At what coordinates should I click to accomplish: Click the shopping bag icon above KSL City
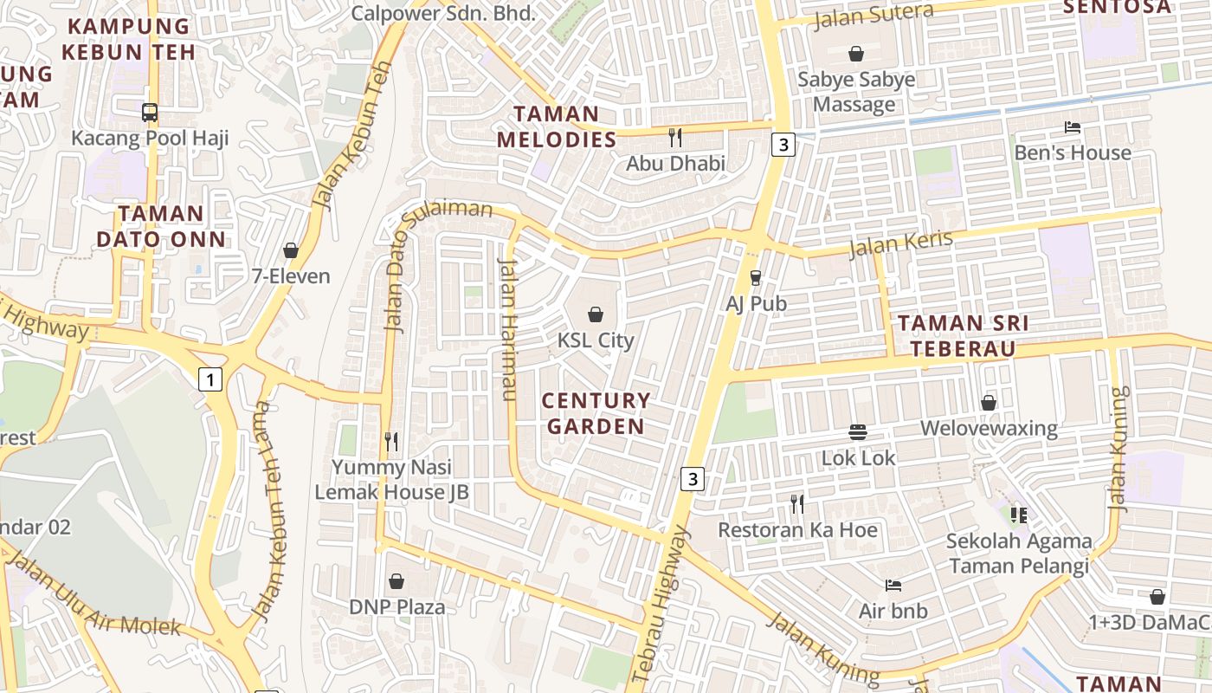pos(596,314)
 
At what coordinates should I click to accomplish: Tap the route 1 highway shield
pos(210,379)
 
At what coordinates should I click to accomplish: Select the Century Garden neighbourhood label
pos(596,413)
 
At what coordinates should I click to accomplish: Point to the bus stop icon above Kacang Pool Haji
pos(150,112)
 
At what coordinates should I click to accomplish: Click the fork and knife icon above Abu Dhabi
pos(675,137)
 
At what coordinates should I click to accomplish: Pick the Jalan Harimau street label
pos(508,329)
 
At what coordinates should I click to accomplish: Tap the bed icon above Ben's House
pos(1073,127)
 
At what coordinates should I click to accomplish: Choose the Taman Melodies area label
pos(556,126)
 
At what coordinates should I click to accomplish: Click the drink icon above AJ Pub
pos(756,277)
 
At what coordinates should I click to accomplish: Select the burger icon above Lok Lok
pos(858,431)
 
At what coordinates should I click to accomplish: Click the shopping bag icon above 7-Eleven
pos(291,250)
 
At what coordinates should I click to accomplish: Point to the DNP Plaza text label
pos(397,606)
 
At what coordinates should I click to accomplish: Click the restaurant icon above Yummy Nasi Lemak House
pos(391,442)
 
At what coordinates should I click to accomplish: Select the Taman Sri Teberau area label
pos(963,336)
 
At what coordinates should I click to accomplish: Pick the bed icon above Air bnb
pos(893,586)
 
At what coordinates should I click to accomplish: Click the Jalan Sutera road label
pos(874,15)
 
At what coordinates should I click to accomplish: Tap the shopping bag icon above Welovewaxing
pos(989,403)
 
